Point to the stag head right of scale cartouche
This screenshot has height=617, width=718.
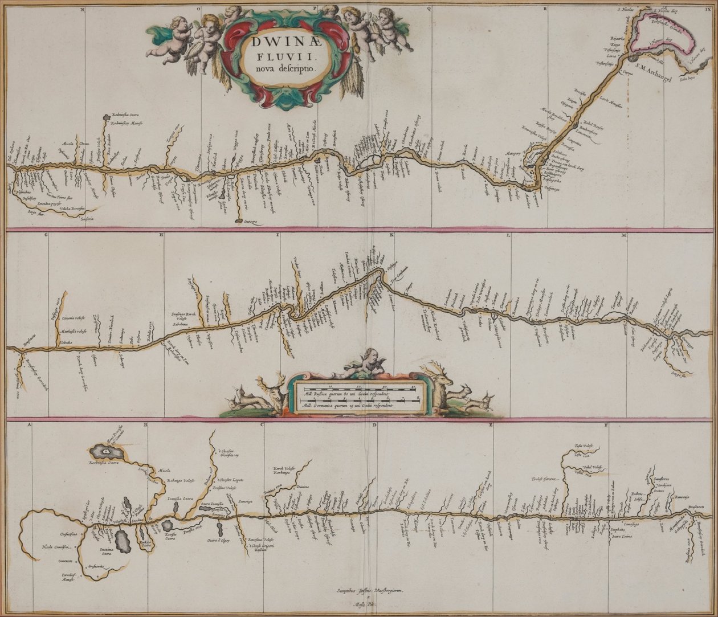(438, 381)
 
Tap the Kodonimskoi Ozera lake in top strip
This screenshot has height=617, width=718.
(106, 117)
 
